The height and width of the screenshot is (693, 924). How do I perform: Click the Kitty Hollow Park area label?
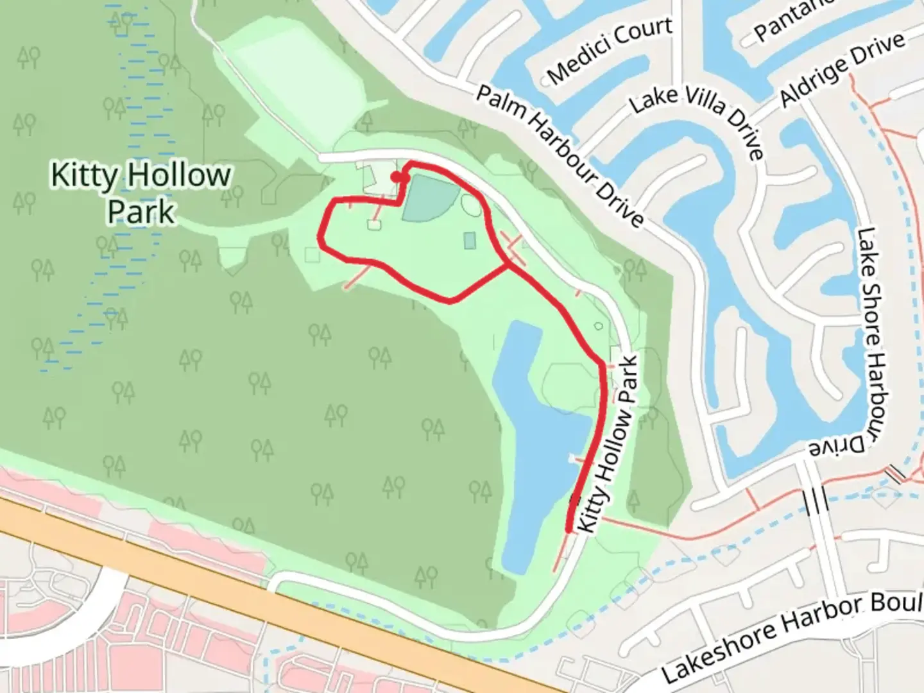point(141,193)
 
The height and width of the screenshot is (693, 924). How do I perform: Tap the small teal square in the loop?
point(470,241)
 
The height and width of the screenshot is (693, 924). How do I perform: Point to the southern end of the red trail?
point(569,529)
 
